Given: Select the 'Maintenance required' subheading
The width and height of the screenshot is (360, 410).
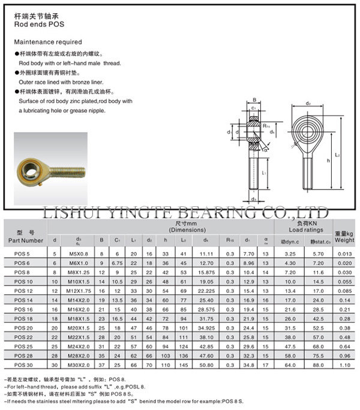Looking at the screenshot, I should tap(47, 43).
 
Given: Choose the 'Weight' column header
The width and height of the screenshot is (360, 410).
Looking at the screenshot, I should tap(344, 240).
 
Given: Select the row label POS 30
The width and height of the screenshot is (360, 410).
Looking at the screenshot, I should tap(23, 365).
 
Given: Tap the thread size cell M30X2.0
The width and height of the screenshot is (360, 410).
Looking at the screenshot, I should tap(79, 365).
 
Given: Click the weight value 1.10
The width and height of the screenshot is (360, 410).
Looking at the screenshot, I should tap(344, 365).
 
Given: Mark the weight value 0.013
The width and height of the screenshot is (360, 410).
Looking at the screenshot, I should tap(344, 254).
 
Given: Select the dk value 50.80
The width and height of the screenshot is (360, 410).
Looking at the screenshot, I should tap(206, 365).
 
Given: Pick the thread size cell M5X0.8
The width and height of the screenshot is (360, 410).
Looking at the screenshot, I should tap(79, 254).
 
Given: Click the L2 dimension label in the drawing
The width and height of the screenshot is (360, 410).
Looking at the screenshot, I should tap(338, 155).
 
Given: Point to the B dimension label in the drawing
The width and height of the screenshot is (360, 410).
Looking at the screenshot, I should tap(254, 100).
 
